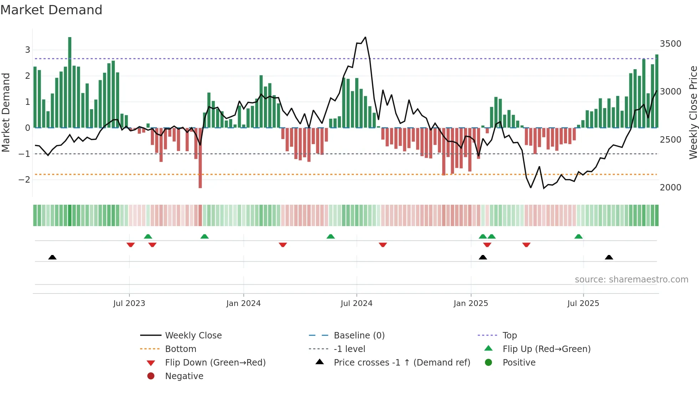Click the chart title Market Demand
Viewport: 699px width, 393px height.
click(51, 10)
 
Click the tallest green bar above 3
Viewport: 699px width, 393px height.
click(70, 82)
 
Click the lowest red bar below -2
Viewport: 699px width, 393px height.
click(200, 159)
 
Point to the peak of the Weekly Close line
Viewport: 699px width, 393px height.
click(365, 37)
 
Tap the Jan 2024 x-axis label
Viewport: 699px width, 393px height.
click(244, 303)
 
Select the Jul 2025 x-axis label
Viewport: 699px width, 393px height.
click(583, 303)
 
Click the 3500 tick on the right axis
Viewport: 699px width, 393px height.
click(670, 44)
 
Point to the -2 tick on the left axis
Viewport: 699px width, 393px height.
click(24, 180)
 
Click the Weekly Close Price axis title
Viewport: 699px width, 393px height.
click(693, 112)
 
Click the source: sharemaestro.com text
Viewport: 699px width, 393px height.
click(632, 280)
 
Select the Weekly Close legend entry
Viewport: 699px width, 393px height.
click(193, 336)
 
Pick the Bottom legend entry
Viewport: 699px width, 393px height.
click(180, 349)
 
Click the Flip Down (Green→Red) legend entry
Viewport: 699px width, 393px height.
click(215, 363)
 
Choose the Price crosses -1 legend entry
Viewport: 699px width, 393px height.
click(402, 363)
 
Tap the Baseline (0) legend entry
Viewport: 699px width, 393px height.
click(359, 336)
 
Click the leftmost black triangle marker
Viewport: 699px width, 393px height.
click(52, 257)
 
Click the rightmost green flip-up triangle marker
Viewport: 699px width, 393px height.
click(578, 236)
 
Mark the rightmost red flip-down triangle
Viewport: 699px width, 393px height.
click(526, 245)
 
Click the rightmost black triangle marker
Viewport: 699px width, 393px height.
click(609, 257)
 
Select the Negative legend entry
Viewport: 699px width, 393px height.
click(184, 376)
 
